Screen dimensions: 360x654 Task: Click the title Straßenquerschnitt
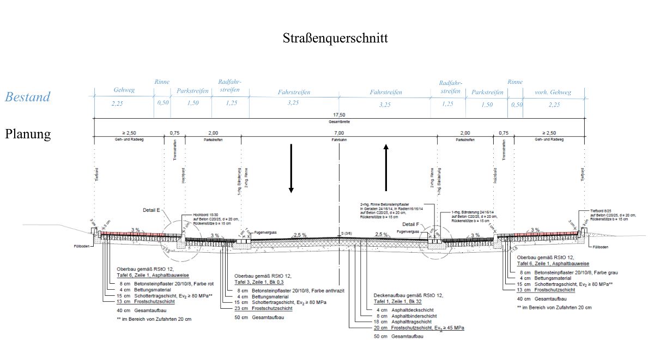[335, 38]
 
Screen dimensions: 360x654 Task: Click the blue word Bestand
[28, 97]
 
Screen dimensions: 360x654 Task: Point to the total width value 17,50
[340, 115]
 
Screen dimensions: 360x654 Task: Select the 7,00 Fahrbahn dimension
[339, 133]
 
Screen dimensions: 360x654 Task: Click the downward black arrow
[292, 168]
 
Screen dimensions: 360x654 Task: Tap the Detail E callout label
[152, 209]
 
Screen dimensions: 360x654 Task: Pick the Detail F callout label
[410, 224]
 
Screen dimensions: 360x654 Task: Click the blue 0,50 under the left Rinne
[162, 103]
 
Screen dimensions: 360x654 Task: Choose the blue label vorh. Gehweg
[554, 92]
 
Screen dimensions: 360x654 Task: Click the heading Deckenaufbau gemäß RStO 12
[408, 295]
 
